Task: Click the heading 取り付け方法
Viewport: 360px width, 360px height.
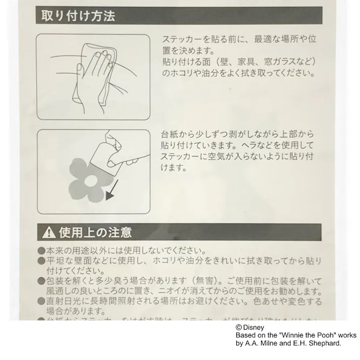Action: tap(78, 16)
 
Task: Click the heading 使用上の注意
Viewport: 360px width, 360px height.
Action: tap(95, 232)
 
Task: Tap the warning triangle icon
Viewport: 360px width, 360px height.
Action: tap(49, 232)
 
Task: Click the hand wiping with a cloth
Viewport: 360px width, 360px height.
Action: tap(93, 76)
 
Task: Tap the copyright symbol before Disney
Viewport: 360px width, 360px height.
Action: tap(239, 327)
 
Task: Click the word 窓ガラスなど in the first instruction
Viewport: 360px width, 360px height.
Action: tap(291, 62)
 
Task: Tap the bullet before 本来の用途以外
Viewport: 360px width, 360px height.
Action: tap(41, 251)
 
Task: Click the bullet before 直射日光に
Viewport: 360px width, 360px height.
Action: tap(41, 302)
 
